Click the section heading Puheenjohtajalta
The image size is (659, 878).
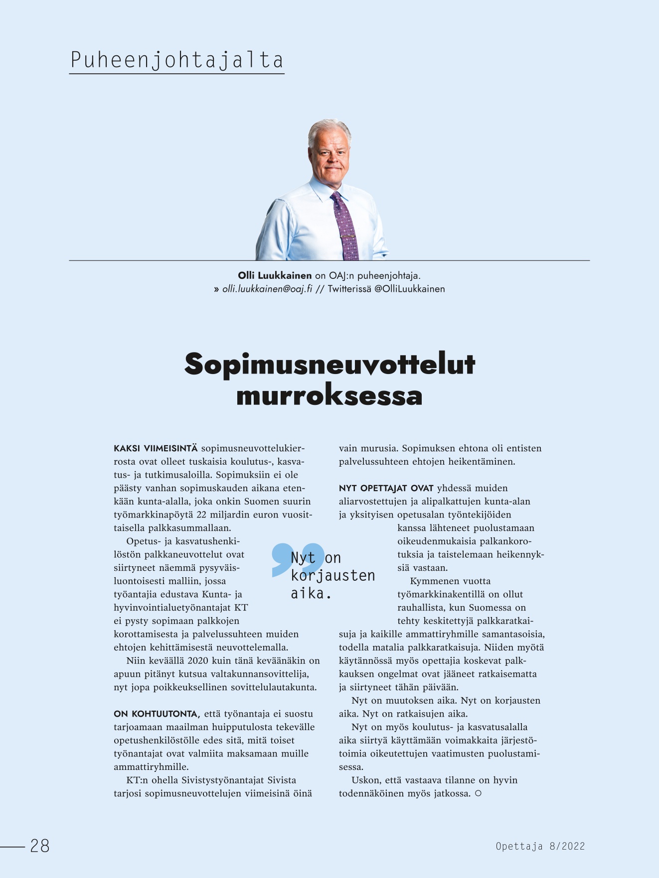click(176, 60)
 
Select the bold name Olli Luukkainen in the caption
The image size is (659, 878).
click(275, 275)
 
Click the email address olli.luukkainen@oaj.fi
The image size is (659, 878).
click(267, 289)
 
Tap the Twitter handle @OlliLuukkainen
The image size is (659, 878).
click(409, 289)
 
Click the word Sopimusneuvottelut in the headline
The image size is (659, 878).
click(329, 364)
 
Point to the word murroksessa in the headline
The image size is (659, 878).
click(329, 396)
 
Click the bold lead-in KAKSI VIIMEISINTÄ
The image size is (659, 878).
click(156, 448)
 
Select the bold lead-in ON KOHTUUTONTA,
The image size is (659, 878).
click(157, 714)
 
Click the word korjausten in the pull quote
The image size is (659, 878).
click(333, 576)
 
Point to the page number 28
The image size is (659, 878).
click(40, 846)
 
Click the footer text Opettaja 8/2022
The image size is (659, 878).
click(540, 846)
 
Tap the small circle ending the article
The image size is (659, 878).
click(479, 793)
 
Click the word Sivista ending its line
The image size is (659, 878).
click(282, 780)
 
